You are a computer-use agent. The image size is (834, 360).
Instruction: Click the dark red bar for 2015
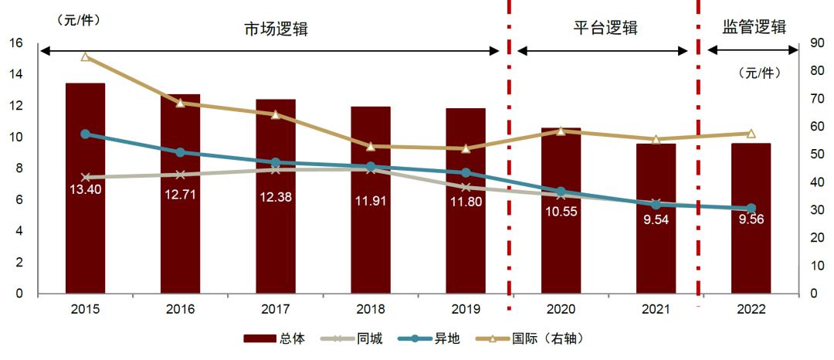coord(85,232)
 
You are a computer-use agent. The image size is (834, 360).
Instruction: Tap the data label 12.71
coord(180,194)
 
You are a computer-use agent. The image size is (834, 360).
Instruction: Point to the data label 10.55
coord(561,211)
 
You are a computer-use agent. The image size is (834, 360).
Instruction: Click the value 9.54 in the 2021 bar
coord(656,219)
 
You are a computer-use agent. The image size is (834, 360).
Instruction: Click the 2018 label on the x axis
coord(371,309)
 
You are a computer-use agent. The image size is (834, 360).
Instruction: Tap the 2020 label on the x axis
coord(561,309)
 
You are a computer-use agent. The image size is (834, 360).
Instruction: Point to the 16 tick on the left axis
coord(16,43)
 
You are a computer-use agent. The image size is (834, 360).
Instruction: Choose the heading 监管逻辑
coord(754,27)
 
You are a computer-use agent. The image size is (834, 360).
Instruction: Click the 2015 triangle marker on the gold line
coord(85,57)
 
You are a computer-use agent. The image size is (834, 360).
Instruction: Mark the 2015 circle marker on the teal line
coord(85,134)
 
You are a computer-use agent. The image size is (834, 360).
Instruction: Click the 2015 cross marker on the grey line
coord(85,178)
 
